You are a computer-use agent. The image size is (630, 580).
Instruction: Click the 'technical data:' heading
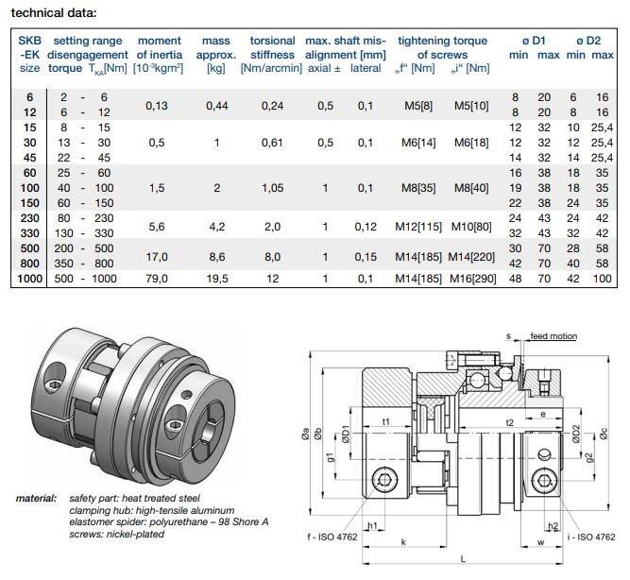[x=54, y=13]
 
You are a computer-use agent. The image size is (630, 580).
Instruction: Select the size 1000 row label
[x=29, y=279]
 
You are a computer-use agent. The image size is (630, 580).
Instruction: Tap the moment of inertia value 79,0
[x=157, y=279]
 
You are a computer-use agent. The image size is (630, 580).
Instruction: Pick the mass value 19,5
[x=217, y=279]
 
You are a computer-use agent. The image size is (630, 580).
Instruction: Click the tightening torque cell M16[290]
[x=473, y=279]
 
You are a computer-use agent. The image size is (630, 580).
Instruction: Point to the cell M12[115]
[x=418, y=227]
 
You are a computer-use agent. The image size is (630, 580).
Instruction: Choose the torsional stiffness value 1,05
[x=272, y=188]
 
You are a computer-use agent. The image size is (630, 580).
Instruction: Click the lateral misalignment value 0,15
[x=366, y=257]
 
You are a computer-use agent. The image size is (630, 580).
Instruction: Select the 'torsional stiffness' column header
[x=272, y=47]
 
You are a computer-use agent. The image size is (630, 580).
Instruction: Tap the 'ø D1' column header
[x=534, y=41]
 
